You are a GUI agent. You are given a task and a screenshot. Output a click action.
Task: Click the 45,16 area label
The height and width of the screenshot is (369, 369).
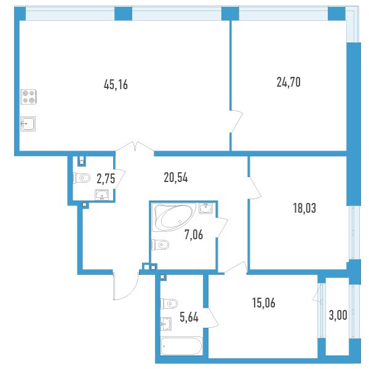click(x=116, y=84)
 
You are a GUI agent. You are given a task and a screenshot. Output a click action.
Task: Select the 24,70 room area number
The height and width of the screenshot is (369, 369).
click(x=288, y=82)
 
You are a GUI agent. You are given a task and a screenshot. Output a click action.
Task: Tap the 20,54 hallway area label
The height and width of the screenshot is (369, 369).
click(x=176, y=178)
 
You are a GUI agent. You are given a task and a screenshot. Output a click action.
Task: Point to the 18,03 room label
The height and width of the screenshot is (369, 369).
click(x=304, y=208)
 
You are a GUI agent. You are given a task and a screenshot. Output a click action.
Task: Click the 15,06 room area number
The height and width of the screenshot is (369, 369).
click(x=264, y=303)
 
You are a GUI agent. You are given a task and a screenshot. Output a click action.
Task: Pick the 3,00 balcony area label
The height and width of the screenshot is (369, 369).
click(x=338, y=315)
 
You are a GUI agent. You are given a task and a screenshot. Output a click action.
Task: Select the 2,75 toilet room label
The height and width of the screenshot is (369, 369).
click(x=106, y=178)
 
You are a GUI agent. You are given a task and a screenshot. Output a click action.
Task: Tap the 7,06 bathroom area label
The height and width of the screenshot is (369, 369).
click(x=194, y=235)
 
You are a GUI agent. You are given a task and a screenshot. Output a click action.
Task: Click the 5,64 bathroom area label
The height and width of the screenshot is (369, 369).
click(x=189, y=317)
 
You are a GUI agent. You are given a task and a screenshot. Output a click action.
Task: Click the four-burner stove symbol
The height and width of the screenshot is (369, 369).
click(x=28, y=97)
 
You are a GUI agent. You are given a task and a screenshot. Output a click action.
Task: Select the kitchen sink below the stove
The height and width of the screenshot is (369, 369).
click(x=28, y=124)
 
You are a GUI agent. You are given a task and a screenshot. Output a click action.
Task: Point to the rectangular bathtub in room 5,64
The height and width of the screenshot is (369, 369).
click(x=181, y=346)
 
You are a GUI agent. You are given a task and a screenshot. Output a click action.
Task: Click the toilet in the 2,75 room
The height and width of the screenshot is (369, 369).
click(x=82, y=178)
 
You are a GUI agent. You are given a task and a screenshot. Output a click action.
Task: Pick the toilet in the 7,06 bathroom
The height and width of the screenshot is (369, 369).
click(x=161, y=245)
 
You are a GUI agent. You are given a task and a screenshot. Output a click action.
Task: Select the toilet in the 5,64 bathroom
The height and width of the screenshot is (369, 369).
click(x=169, y=304)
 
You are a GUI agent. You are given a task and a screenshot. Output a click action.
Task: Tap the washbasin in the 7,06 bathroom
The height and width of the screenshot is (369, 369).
click(x=205, y=208)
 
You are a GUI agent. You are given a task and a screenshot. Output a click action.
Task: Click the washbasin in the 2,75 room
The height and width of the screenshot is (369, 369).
click(x=101, y=194)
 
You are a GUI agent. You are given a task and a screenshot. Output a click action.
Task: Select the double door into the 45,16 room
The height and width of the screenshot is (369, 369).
click(x=135, y=146)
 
